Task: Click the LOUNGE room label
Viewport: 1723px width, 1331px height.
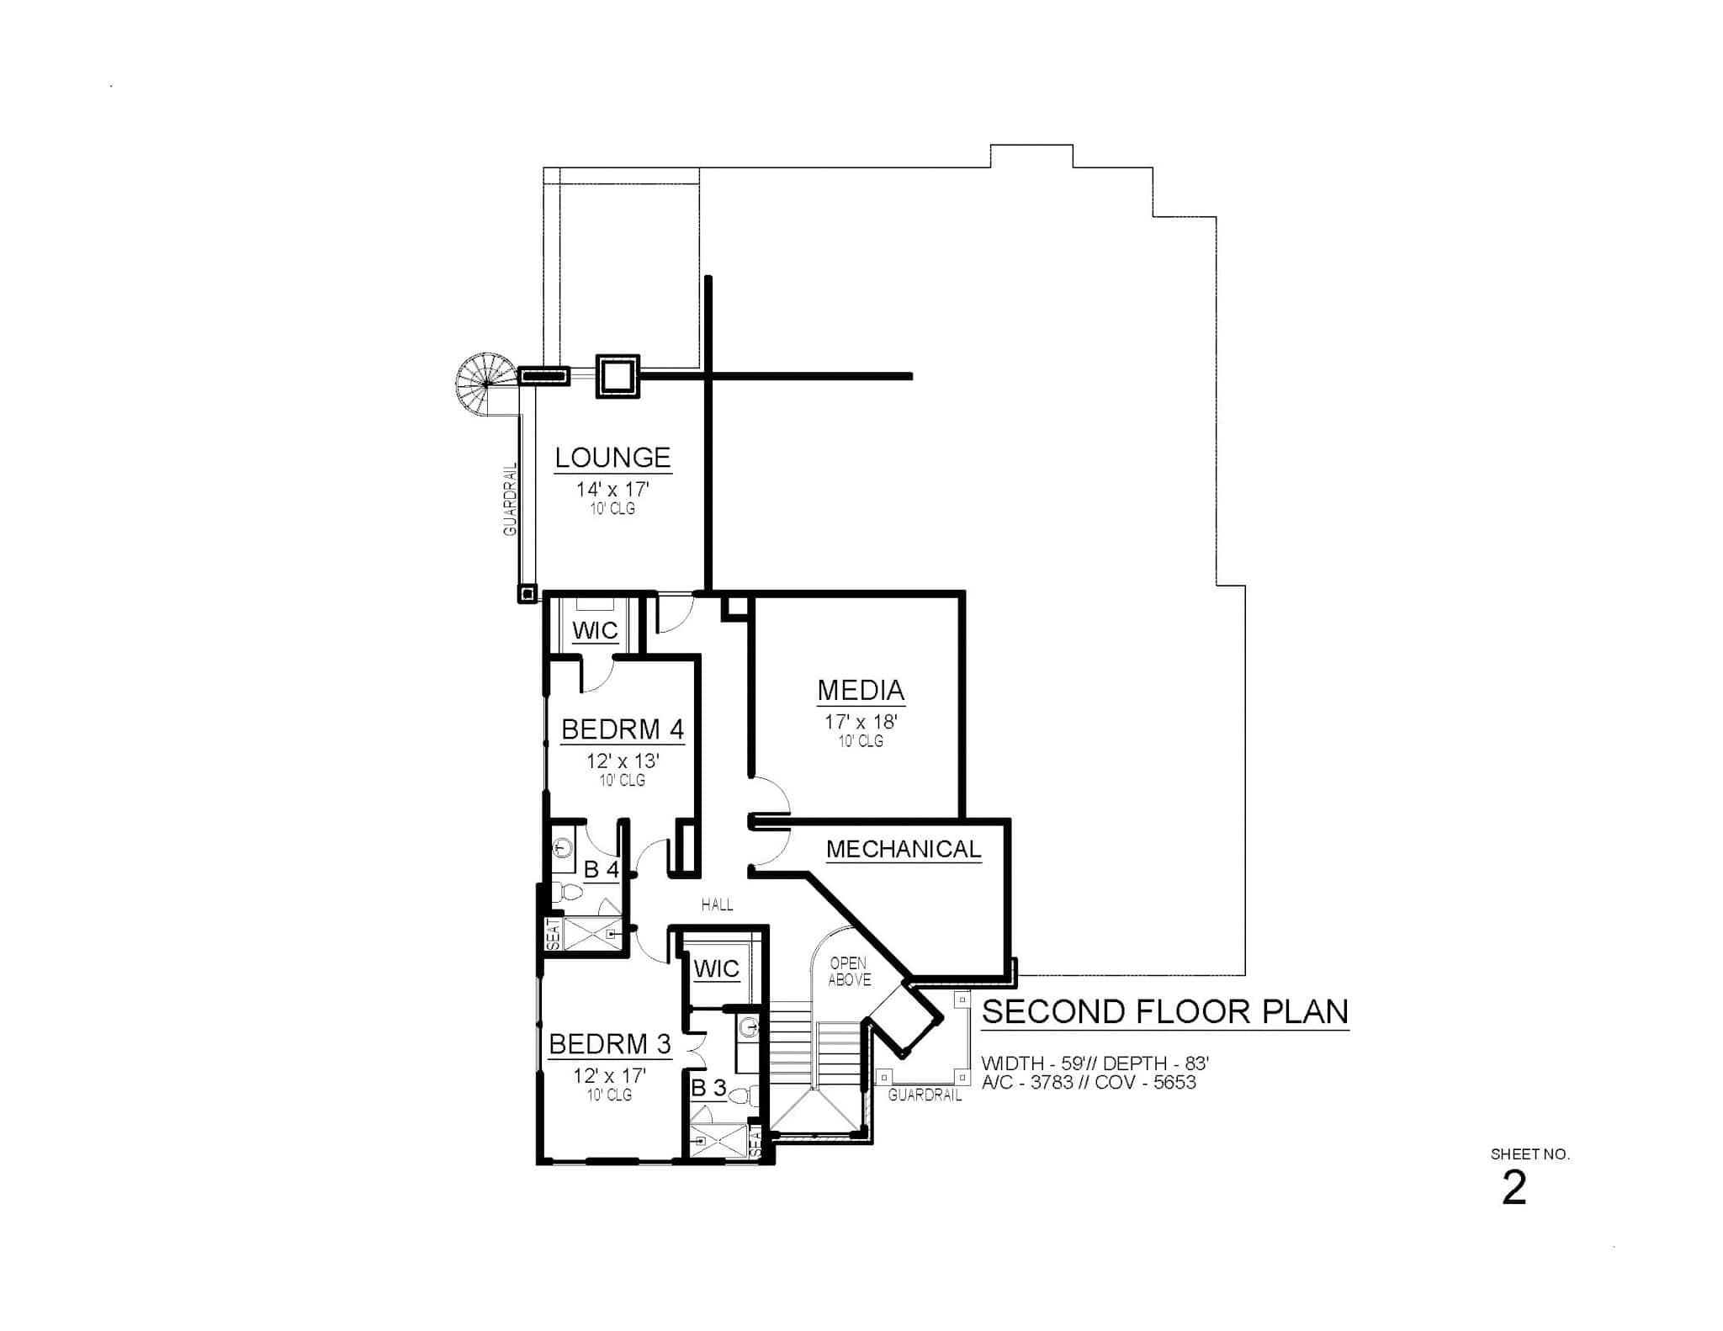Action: click(612, 458)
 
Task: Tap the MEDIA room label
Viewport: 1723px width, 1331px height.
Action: click(861, 690)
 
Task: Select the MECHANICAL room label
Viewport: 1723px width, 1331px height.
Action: click(904, 849)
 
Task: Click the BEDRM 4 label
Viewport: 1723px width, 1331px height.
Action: click(623, 729)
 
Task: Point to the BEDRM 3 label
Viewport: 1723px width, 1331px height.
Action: click(610, 1044)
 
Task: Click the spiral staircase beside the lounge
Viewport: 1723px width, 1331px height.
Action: click(486, 384)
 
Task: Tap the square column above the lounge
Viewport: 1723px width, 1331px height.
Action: click(618, 375)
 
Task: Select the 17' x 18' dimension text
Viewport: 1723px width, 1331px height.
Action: click(861, 722)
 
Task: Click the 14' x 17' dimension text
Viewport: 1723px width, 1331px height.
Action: click(612, 490)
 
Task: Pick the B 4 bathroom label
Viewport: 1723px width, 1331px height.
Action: click(602, 869)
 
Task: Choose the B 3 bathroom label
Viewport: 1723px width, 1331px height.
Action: click(708, 1088)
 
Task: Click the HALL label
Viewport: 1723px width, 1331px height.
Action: click(717, 904)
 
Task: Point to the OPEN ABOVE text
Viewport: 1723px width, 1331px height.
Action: click(849, 972)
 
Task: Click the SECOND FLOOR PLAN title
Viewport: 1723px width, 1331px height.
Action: click(1165, 1011)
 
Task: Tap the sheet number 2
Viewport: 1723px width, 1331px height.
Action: click(1514, 1189)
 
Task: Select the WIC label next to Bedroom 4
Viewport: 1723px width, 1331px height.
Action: click(595, 631)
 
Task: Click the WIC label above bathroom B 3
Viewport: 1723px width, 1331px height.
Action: click(716, 969)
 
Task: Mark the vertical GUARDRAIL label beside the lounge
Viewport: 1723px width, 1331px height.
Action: click(510, 499)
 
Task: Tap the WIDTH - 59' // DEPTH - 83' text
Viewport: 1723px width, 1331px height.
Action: click(1095, 1063)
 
